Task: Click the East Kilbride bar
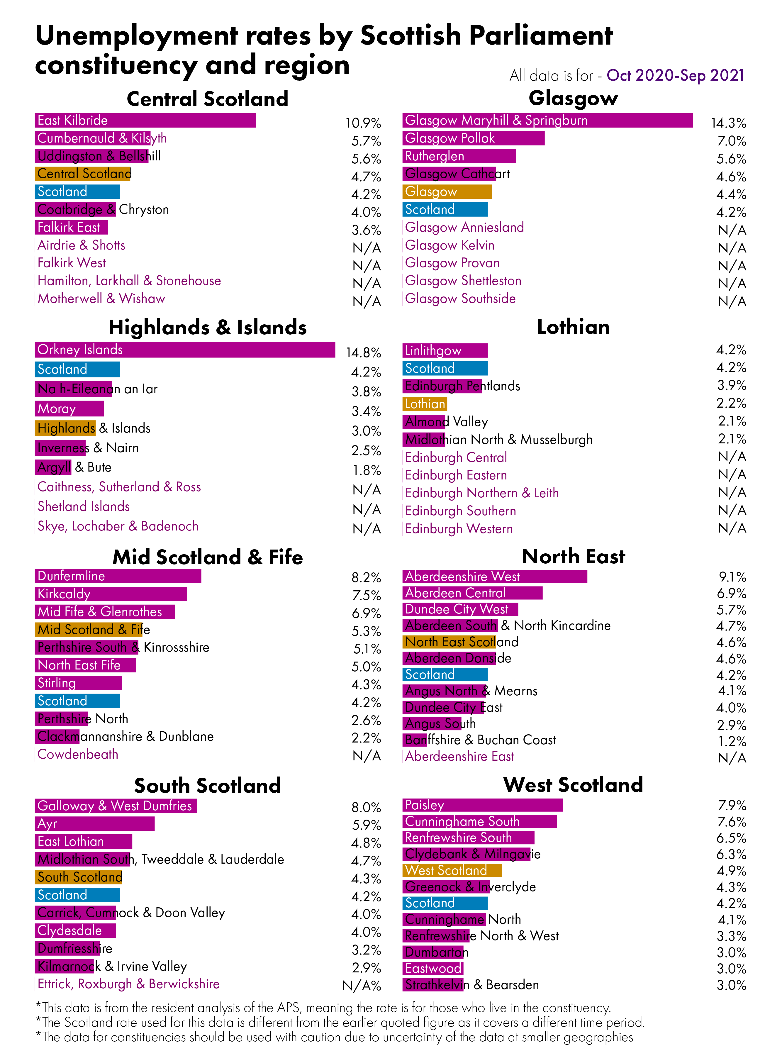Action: [145, 120]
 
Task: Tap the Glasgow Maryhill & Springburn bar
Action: [547, 120]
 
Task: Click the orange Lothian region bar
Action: [425, 404]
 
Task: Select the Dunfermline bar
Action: [118, 576]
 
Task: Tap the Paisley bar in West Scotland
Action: [482, 805]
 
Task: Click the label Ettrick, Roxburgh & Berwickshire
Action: [128, 984]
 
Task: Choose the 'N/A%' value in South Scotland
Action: [362, 986]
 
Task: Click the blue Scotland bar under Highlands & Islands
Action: [77, 369]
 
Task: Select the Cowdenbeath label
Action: [78, 754]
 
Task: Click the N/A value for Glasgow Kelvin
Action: [731, 248]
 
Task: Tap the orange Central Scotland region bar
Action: [83, 174]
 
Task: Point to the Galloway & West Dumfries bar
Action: [116, 806]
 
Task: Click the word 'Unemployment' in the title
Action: [137, 36]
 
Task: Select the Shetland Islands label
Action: [83, 506]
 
